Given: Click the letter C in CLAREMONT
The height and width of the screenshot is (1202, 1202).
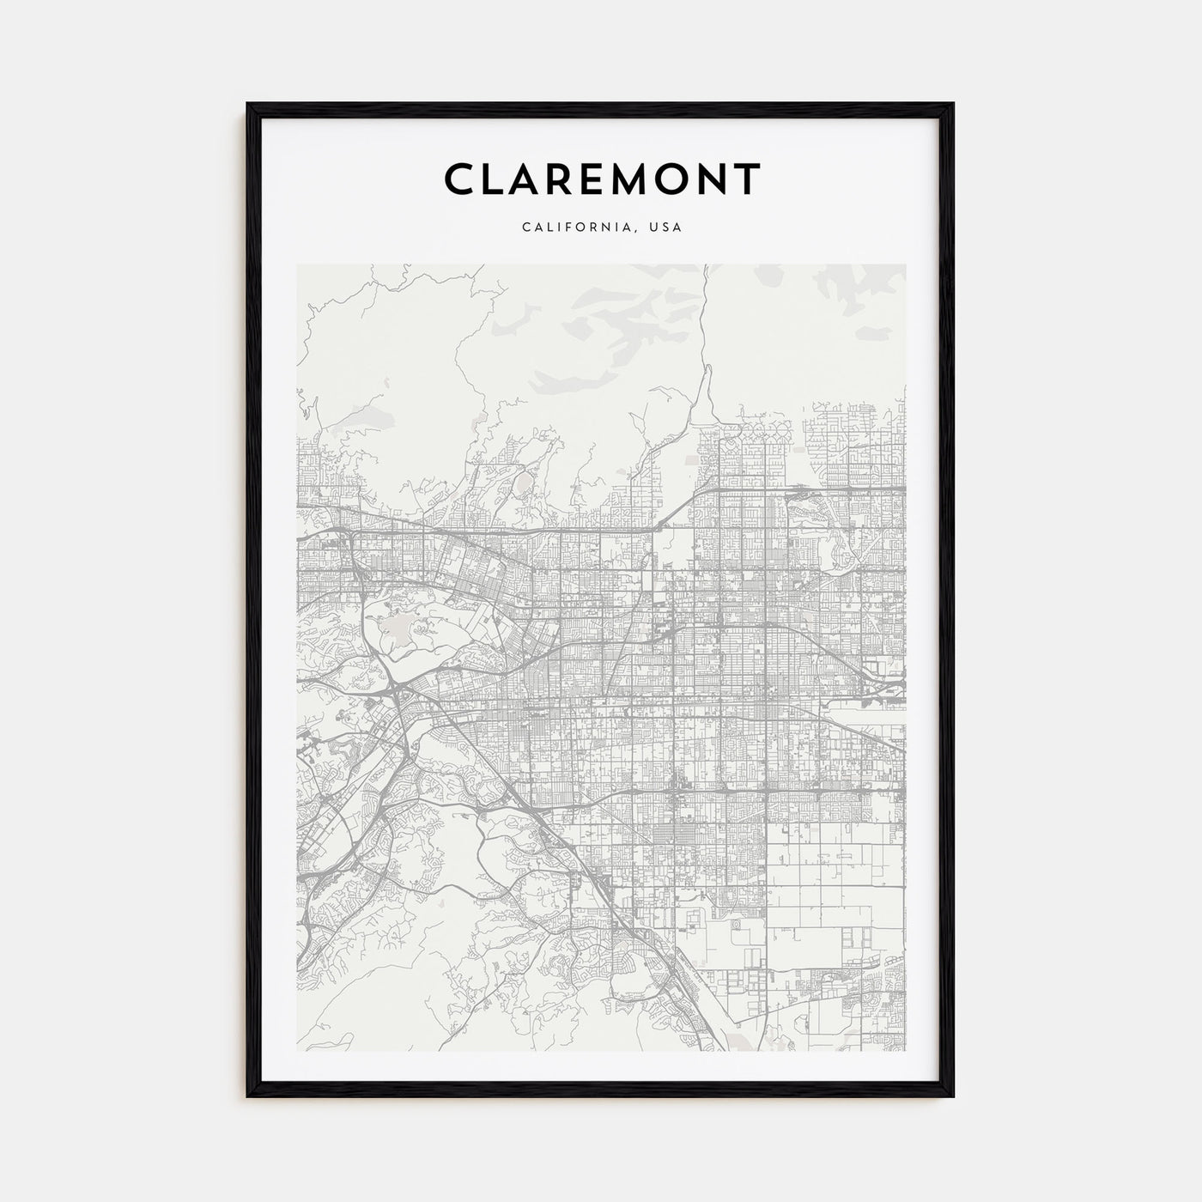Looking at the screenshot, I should [x=460, y=179].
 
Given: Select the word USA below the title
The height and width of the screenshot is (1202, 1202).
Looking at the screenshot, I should [x=666, y=228].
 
